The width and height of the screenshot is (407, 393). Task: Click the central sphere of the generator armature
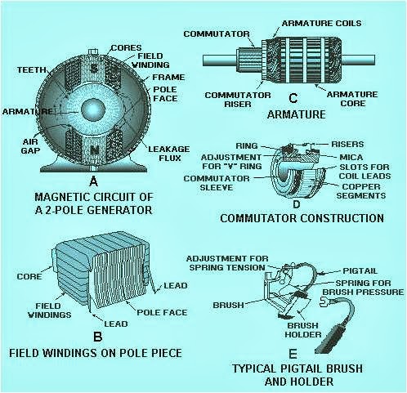pyautogui.click(x=95, y=109)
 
